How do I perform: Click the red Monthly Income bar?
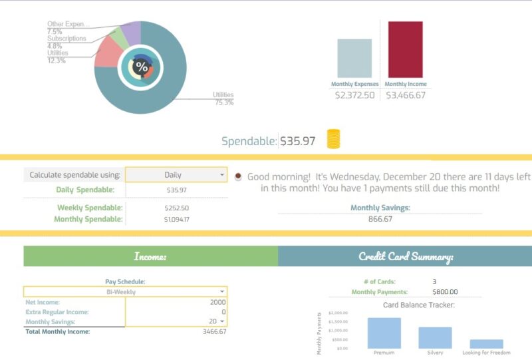click(405, 50)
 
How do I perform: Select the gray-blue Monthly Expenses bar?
click(354, 59)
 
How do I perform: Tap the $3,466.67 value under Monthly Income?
click(405, 95)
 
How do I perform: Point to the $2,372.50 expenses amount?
click(354, 95)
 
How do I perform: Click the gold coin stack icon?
click(333, 139)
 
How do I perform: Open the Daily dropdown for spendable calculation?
click(176, 175)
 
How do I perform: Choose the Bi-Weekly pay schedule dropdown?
click(125, 291)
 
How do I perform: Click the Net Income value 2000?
click(217, 301)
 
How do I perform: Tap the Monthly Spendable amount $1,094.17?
click(176, 219)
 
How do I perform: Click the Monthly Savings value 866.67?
click(380, 219)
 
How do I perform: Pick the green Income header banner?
click(150, 256)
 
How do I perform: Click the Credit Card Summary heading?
click(405, 256)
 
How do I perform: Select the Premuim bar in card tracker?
click(384, 333)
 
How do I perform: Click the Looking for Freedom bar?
click(486, 344)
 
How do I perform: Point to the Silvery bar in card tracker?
click(435, 337)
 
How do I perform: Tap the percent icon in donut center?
click(141, 67)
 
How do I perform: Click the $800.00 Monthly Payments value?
click(445, 292)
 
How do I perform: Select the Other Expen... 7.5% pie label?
click(68, 28)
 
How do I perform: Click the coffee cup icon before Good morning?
click(238, 176)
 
